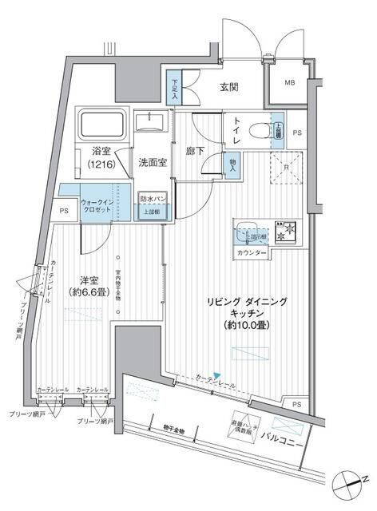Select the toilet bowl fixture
[x=260, y=131]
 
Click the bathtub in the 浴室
[x=101, y=124]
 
